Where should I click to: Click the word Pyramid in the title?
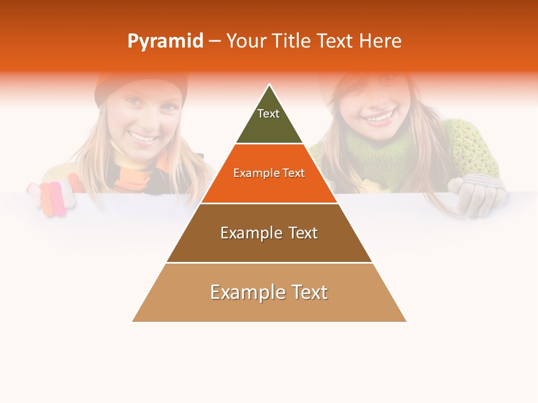click(x=165, y=41)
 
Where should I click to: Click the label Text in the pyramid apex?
click(x=268, y=114)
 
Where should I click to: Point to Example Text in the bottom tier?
click(x=269, y=292)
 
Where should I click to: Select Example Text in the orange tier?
click(x=269, y=173)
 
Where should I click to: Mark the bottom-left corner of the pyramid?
click(x=133, y=321)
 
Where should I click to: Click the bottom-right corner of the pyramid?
click(x=406, y=321)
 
